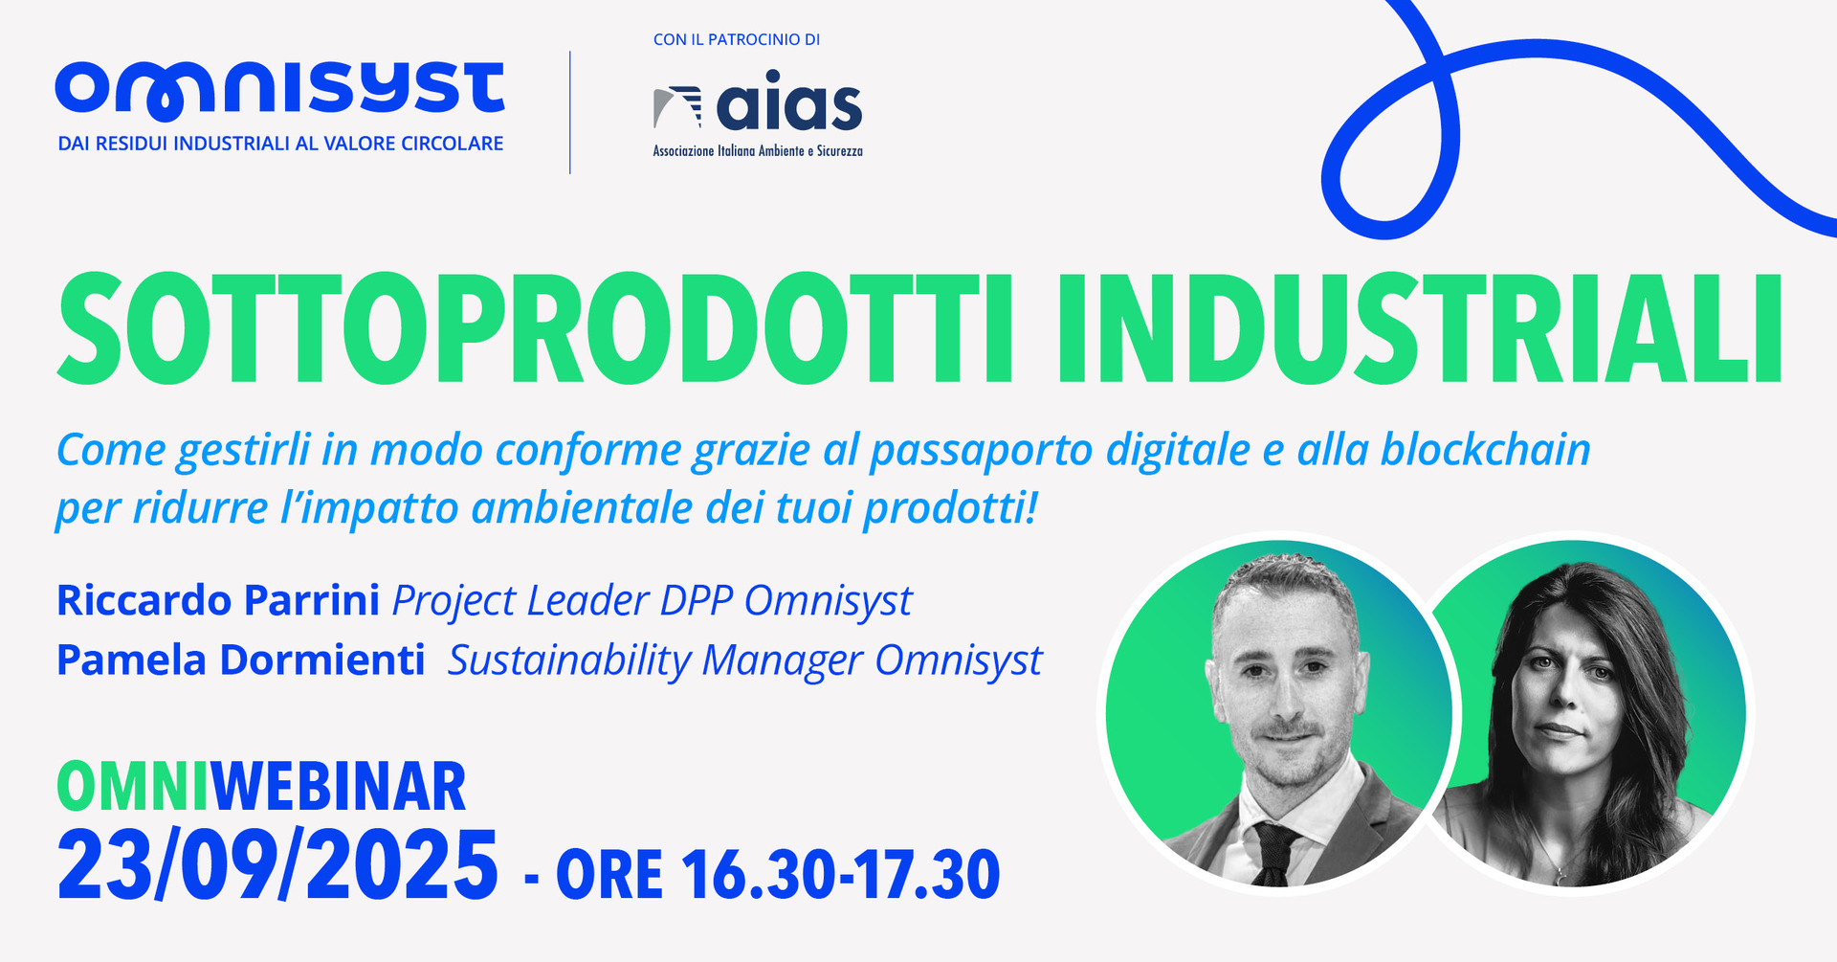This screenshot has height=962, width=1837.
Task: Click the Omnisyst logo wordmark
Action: pyautogui.click(x=279, y=91)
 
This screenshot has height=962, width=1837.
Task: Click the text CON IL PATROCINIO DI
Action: pyautogui.click(x=737, y=39)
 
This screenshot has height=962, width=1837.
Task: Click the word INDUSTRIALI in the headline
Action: pyautogui.click(x=1419, y=328)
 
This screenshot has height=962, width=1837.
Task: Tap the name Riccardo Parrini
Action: pyautogui.click(x=218, y=600)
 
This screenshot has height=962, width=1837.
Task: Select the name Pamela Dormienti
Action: pyautogui.click(x=241, y=660)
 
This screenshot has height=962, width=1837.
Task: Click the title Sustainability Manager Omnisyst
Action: pyautogui.click(x=745, y=661)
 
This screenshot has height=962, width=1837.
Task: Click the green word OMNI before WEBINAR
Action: pyautogui.click(x=133, y=787)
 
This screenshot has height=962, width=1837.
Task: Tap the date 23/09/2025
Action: pyautogui.click(x=277, y=865)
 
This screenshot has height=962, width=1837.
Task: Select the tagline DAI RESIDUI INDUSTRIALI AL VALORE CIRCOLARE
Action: pyautogui.click(x=280, y=144)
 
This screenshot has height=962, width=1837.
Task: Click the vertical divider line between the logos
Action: pyautogui.click(x=570, y=112)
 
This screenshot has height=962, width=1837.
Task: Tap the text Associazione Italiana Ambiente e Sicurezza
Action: pyautogui.click(x=758, y=151)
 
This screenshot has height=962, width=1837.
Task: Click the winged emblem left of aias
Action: pyautogui.click(x=677, y=106)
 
